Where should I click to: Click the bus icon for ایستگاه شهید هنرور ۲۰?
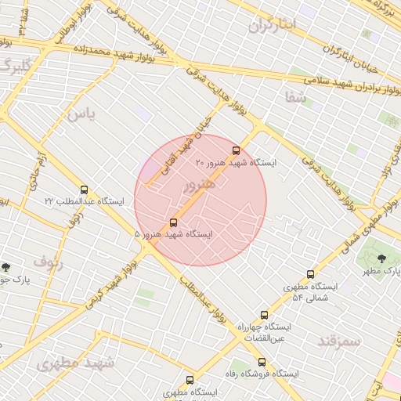tap(236, 150)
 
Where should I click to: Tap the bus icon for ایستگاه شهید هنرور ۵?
tap(173, 222)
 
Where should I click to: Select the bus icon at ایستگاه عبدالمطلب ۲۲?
tap(84, 190)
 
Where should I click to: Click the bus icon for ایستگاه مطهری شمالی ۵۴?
tap(310, 275)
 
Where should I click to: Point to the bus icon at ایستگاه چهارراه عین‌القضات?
tap(264, 315)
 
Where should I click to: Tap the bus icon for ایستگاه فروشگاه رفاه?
tap(262, 363)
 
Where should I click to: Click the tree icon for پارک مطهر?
tap(381, 258)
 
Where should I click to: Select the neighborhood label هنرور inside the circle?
tap(199, 186)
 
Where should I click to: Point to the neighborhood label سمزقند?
tap(339, 341)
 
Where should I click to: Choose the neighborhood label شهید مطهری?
tap(76, 363)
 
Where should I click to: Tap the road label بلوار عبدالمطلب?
tap(200, 302)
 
